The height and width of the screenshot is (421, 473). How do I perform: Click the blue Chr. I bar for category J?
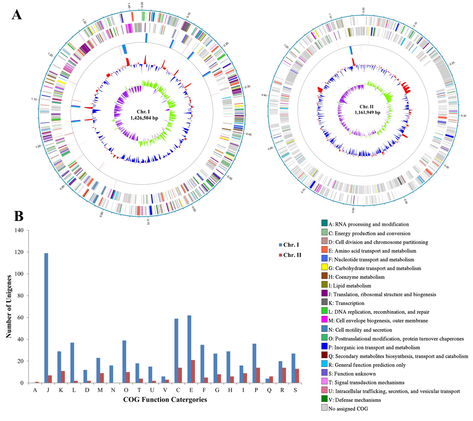tap(46, 318)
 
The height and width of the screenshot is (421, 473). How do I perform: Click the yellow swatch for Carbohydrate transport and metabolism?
tap(324, 268)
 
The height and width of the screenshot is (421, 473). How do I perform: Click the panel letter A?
tap(17, 15)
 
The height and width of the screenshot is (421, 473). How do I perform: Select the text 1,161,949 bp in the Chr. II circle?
tap(367, 112)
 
